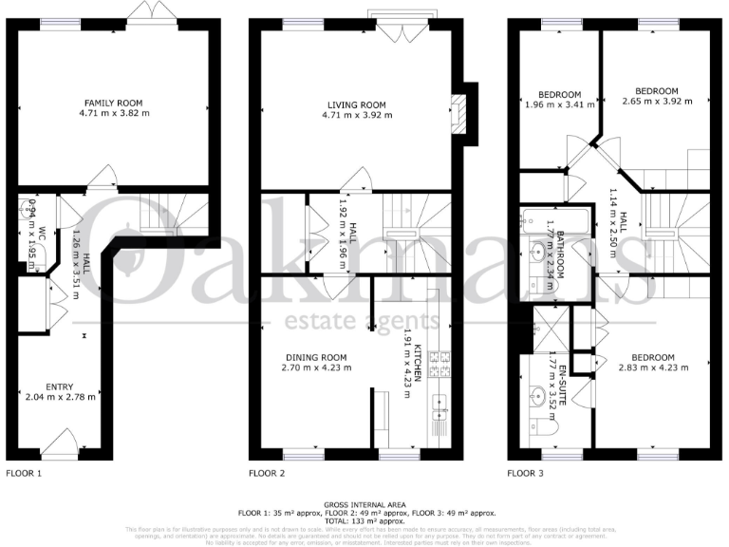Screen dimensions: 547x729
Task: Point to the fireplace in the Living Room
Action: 461,113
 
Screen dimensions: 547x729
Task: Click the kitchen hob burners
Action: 440,360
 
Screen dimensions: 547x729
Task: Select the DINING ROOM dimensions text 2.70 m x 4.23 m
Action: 317,369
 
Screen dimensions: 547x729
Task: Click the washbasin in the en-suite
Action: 536,394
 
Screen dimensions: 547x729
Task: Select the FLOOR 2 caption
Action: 267,472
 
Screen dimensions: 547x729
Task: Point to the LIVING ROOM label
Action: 357,105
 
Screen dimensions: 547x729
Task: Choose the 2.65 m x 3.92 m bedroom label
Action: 657,101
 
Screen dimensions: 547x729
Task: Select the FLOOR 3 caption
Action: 525,472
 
